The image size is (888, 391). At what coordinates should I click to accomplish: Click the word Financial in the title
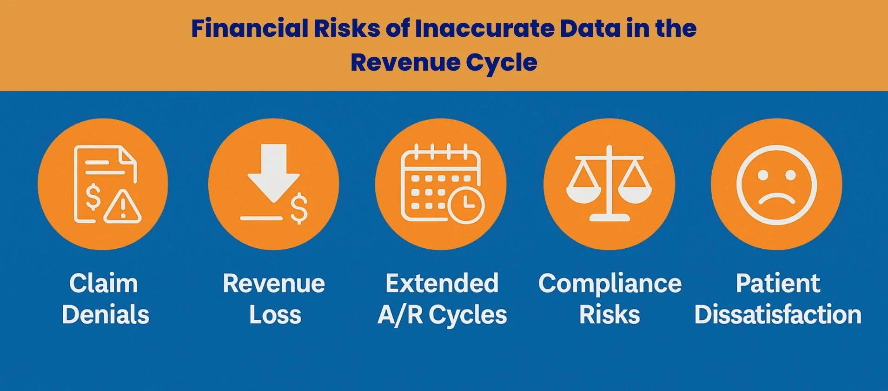coord(249,28)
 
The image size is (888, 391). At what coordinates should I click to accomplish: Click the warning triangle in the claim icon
coord(123,206)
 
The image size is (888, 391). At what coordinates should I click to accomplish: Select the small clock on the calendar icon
coord(466,205)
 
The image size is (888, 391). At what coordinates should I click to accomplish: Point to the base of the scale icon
coord(609,217)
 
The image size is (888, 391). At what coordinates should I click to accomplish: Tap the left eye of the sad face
coord(762,175)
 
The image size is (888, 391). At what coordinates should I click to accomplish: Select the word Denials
coord(106,315)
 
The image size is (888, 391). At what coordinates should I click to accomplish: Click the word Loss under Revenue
coord(275,315)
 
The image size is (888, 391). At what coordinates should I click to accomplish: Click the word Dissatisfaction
coord(778,315)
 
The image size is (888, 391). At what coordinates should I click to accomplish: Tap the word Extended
coord(442,284)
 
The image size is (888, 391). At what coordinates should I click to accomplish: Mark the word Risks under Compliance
coord(610,315)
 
